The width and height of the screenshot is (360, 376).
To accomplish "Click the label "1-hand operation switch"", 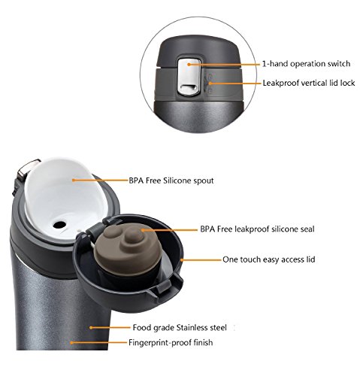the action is click(x=306, y=64).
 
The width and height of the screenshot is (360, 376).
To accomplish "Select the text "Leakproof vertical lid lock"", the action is click(x=309, y=83).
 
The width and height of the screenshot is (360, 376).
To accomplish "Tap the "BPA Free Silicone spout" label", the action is click(x=171, y=180).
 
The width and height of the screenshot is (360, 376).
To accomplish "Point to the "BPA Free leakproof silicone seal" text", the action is click(x=257, y=229).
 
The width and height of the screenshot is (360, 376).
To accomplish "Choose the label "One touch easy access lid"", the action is click(x=269, y=259).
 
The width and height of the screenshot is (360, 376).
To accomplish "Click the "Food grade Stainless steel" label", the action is click(x=180, y=327).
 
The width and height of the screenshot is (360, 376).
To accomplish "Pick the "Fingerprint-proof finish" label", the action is click(x=171, y=342).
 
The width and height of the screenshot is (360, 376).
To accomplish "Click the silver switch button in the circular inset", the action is click(x=189, y=77).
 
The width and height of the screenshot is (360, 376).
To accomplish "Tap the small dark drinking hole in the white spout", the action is click(x=59, y=225).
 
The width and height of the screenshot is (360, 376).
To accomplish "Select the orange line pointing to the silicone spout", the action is click(x=100, y=180).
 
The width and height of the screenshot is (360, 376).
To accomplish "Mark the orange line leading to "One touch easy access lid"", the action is click(x=201, y=260).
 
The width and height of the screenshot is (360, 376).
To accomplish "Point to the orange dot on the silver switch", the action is click(x=189, y=65).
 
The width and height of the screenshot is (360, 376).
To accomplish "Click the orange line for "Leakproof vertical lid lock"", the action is click(x=235, y=83).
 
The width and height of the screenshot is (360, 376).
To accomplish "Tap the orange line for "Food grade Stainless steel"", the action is click(x=110, y=327).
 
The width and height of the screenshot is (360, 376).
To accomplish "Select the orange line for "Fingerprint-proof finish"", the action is click(x=98, y=342).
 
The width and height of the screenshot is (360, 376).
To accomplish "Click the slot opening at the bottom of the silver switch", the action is click(x=189, y=87).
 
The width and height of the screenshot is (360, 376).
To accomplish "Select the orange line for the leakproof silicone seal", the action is click(x=170, y=229).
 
